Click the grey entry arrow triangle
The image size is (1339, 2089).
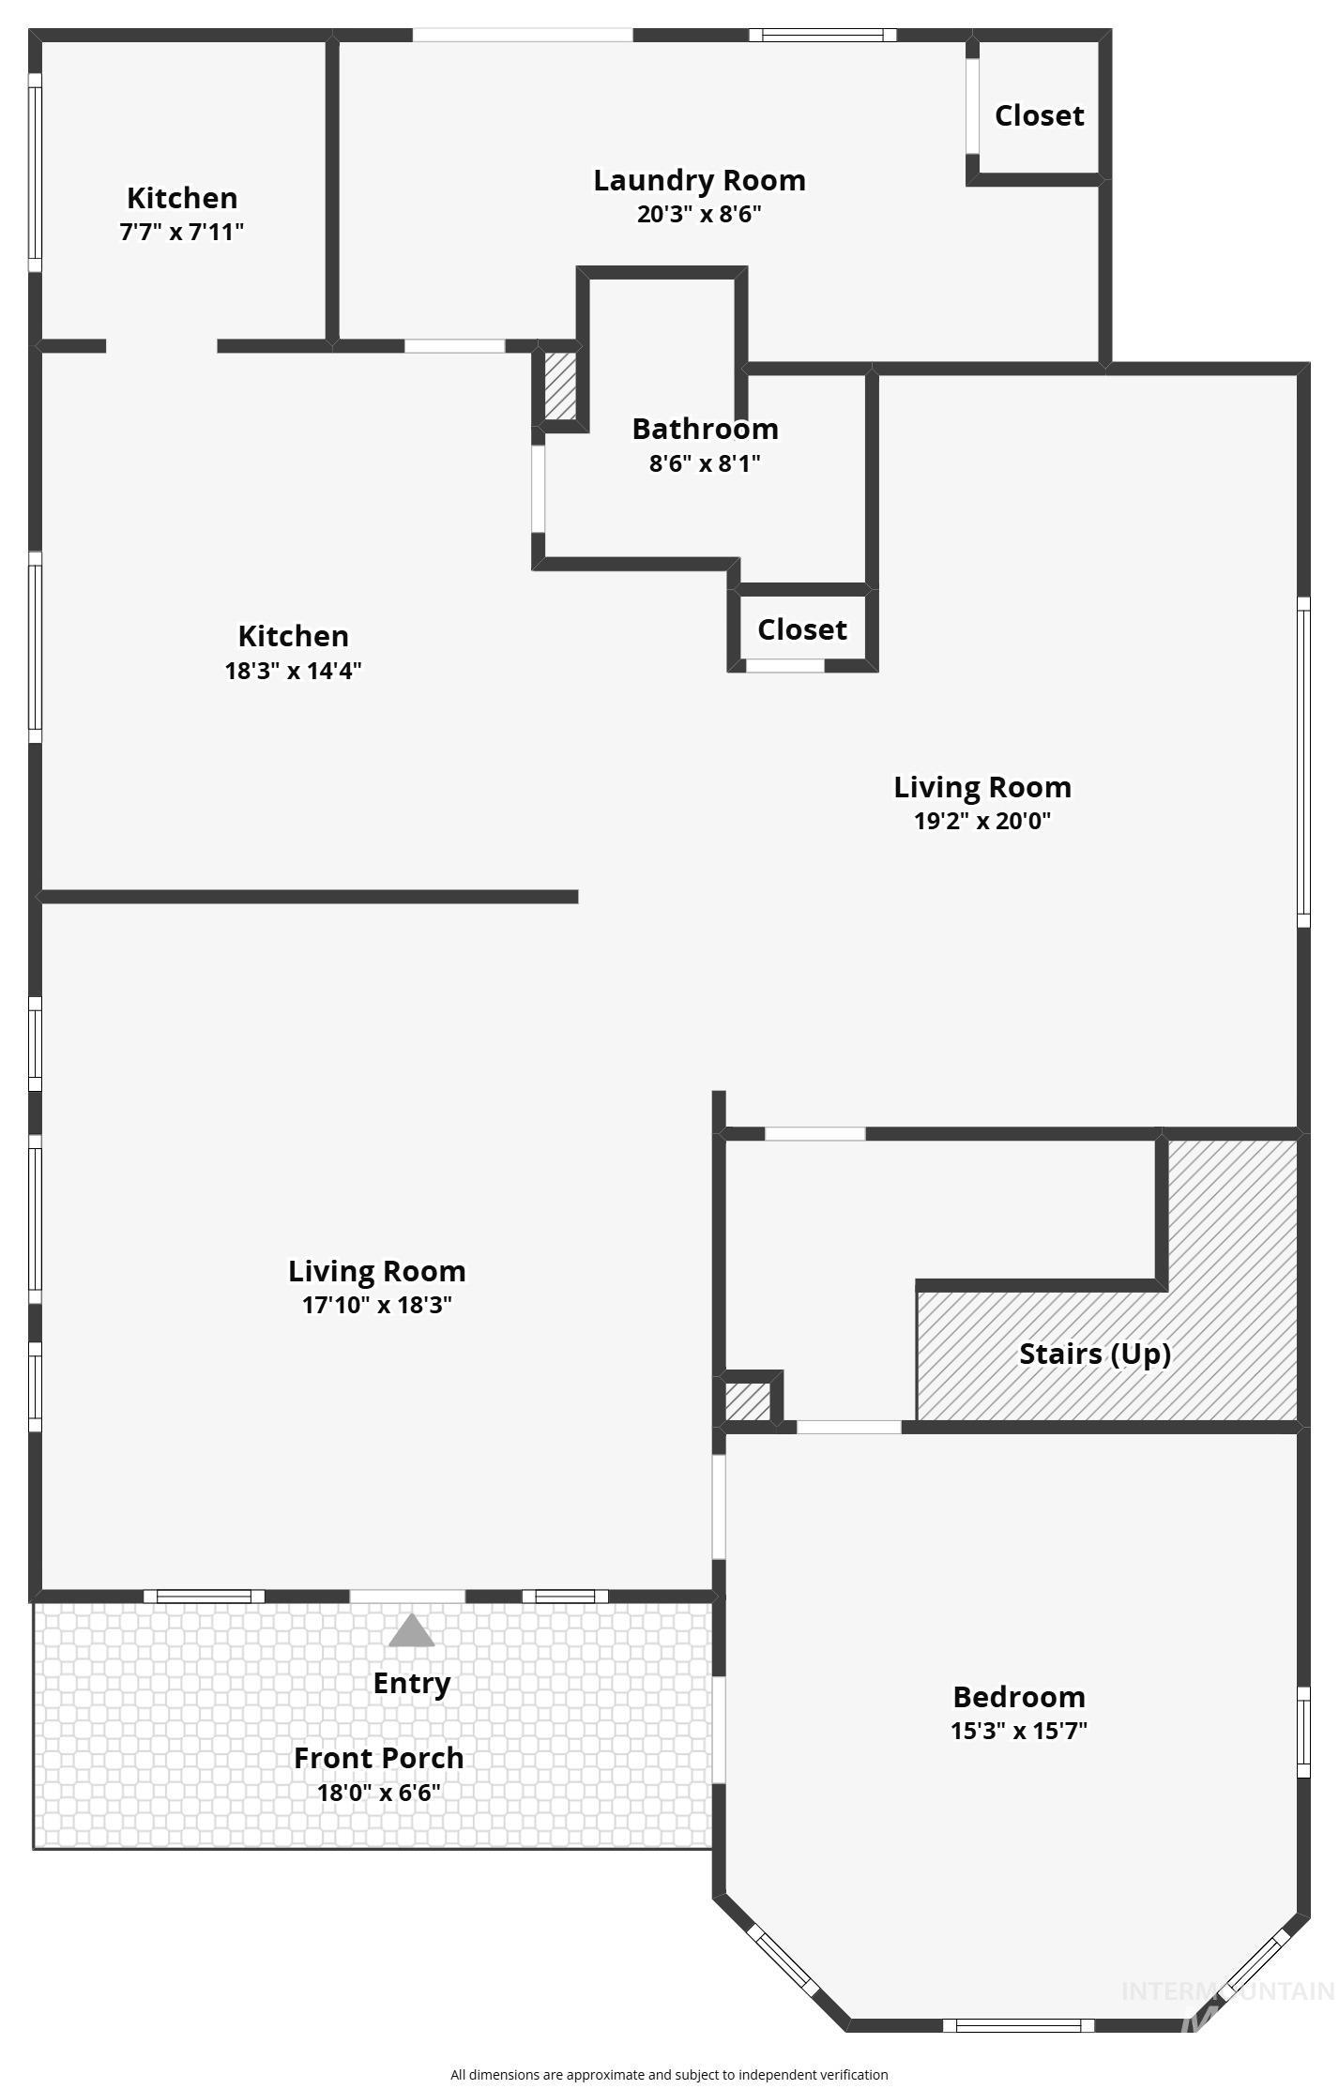pos(411,1632)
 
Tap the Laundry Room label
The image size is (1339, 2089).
pos(699,180)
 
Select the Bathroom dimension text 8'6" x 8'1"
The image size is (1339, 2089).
pos(705,463)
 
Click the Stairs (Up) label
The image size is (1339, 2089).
pos(1094,1354)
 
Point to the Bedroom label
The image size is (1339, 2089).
pos(1018,1697)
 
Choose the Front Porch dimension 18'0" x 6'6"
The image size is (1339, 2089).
pos(379,1793)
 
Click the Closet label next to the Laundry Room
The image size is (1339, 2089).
pos(1039,115)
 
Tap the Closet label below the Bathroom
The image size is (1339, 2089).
pos(801,629)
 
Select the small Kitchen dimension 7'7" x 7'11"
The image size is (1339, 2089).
pos(181,232)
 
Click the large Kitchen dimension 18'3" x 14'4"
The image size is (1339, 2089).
pos(293,671)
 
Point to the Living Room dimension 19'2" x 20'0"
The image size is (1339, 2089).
pos(981,821)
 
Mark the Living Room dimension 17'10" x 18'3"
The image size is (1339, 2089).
pos(376,1305)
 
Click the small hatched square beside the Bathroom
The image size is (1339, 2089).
pos(560,386)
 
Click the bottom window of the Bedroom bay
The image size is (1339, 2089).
pos(1018,2025)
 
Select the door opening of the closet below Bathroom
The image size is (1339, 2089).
pos(785,666)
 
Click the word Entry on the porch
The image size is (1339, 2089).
pos(411,1683)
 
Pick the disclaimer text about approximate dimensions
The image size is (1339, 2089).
pos(669,2075)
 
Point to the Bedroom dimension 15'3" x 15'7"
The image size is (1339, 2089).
pos(1018,1731)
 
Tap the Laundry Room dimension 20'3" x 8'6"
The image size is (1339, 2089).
pos(699,214)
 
